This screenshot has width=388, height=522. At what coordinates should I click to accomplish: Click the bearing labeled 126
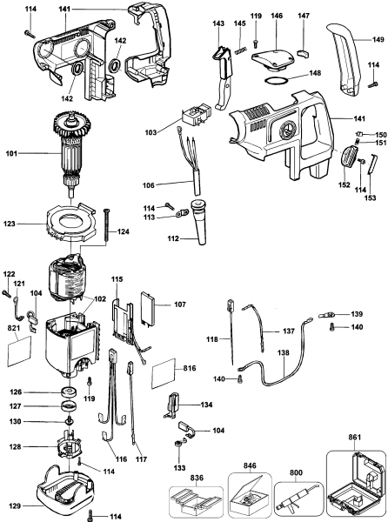pyautogui.click(x=66, y=391)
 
